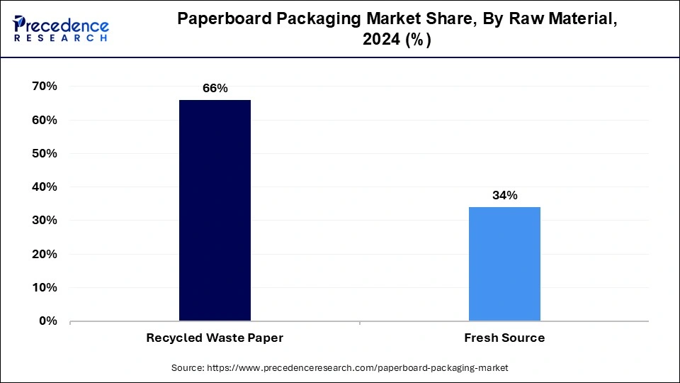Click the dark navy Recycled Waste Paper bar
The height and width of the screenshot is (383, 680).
[215, 210]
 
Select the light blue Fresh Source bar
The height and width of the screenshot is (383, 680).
[504, 264]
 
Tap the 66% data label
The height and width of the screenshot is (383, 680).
[215, 89]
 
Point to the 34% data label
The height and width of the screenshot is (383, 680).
[504, 196]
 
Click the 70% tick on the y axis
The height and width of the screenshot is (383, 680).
[44, 87]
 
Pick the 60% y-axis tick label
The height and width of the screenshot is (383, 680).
[44, 120]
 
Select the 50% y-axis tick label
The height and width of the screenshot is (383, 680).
[44, 153]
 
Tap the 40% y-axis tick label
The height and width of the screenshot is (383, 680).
[44, 187]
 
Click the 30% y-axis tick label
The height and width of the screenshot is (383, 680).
[44, 221]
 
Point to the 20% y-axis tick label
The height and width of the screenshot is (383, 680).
[44, 254]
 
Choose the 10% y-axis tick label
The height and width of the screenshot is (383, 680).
[44, 287]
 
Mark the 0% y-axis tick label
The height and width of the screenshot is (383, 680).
[47, 321]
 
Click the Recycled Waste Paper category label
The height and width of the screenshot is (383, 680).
[215, 338]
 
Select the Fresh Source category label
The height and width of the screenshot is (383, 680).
[504, 338]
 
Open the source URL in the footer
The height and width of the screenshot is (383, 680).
[356, 368]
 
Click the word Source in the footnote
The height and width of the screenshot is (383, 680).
[187, 368]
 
